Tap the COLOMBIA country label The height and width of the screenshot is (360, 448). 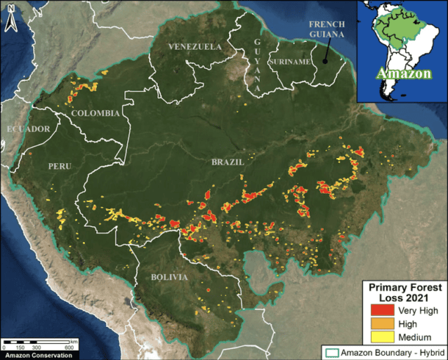(x=96, y=113)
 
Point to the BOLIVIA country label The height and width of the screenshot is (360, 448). (x=170, y=277)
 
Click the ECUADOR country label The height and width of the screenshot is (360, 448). (x=28, y=129)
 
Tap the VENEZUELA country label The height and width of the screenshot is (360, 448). (x=195, y=46)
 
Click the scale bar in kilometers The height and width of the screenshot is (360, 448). (x=40, y=343)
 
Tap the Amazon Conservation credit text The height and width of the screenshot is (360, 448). (x=37, y=355)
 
